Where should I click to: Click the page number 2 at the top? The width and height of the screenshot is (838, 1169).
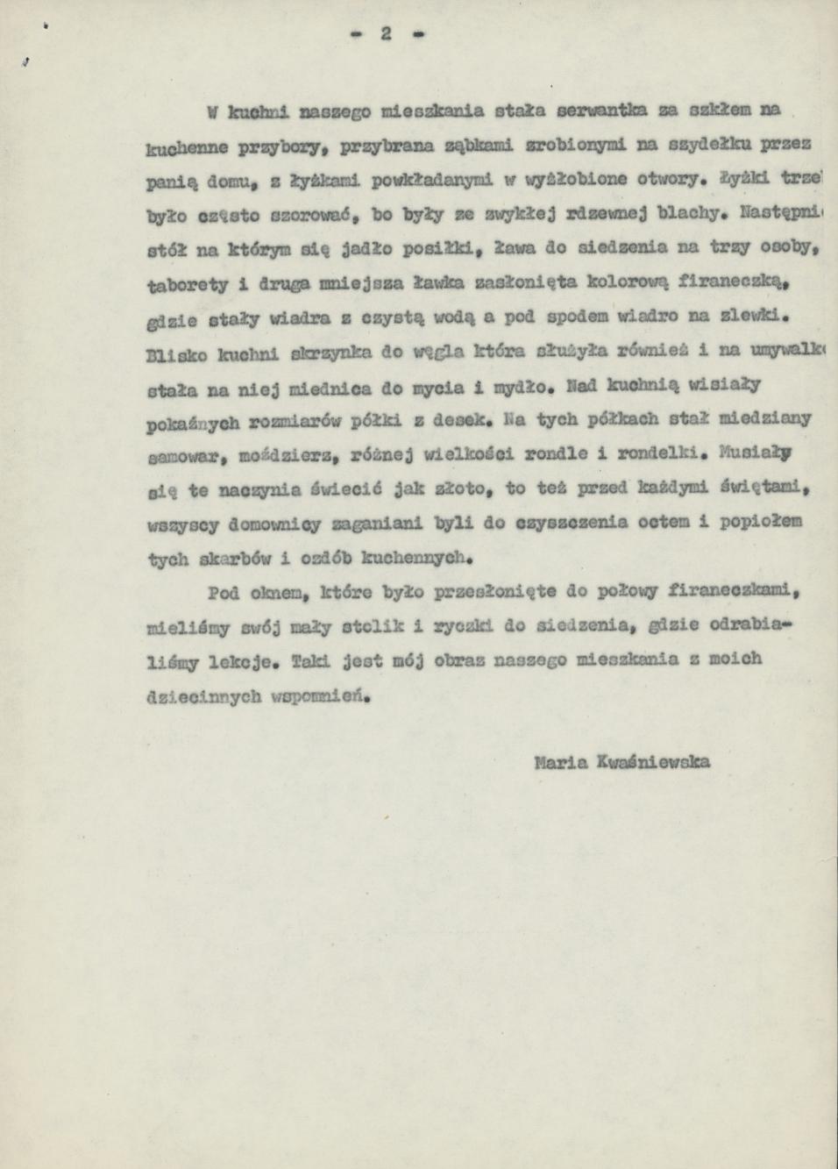(385, 33)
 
